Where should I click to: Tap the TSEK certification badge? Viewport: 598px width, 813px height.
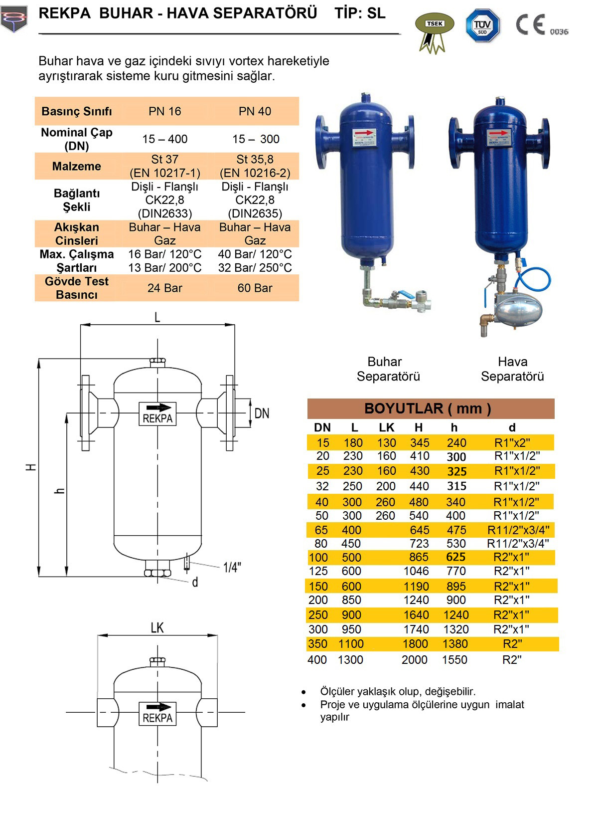[x=435, y=32]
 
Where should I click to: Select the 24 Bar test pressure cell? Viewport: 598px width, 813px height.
[x=164, y=288]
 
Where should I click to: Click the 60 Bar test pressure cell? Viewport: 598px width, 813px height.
[x=255, y=288]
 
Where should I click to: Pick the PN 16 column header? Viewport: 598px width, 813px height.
[x=164, y=111]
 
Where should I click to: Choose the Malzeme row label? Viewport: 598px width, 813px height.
[x=77, y=166]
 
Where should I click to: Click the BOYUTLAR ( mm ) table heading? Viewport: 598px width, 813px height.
[x=428, y=408]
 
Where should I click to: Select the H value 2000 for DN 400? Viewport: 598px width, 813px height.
[x=415, y=659]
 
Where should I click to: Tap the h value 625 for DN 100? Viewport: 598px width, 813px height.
[x=456, y=557]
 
